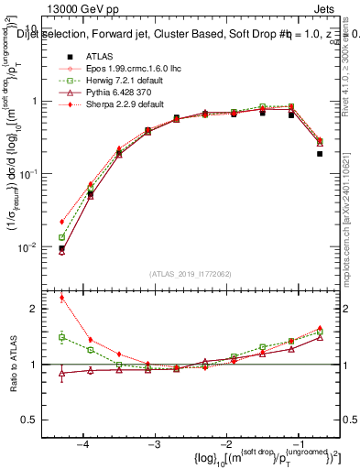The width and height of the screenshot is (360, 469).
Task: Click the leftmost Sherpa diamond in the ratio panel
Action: click(61, 297)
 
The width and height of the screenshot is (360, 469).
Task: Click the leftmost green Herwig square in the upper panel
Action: click(61, 237)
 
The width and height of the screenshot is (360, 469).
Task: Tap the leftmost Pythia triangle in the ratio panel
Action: click(61, 373)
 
